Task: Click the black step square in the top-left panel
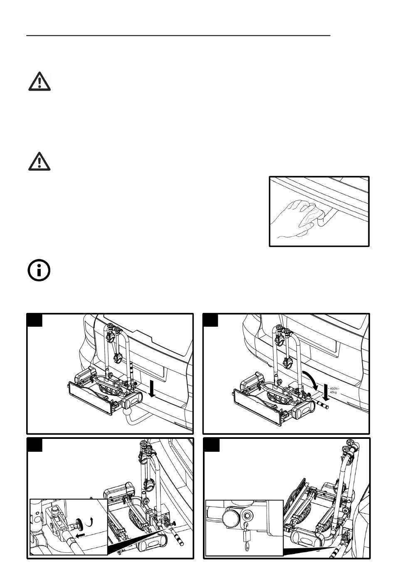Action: click(x=35, y=320)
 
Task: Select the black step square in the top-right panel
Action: click(x=211, y=320)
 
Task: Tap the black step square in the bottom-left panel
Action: click(x=35, y=445)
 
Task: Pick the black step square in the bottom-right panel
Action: click(x=211, y=445)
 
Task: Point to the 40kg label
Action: click(x=333, y=392)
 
